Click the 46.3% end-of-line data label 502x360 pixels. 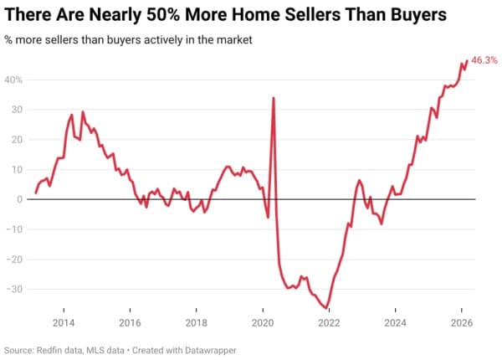tap(484, 60)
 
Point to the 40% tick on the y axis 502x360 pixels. tap(15, 80)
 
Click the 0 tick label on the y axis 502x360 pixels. tap(20, 199)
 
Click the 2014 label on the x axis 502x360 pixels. tap(63, 323)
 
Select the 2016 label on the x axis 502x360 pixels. tap(130, 323)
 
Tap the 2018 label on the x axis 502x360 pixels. tap(196, 323)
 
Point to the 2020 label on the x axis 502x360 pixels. tap(263, 323)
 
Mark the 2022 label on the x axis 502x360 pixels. tap(329, 323)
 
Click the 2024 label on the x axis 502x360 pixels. tap(396, 323)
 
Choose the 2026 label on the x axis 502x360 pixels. tap(462, 323)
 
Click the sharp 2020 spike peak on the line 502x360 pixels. tap(274, 98)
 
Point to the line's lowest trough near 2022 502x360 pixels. tap(327, 308)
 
